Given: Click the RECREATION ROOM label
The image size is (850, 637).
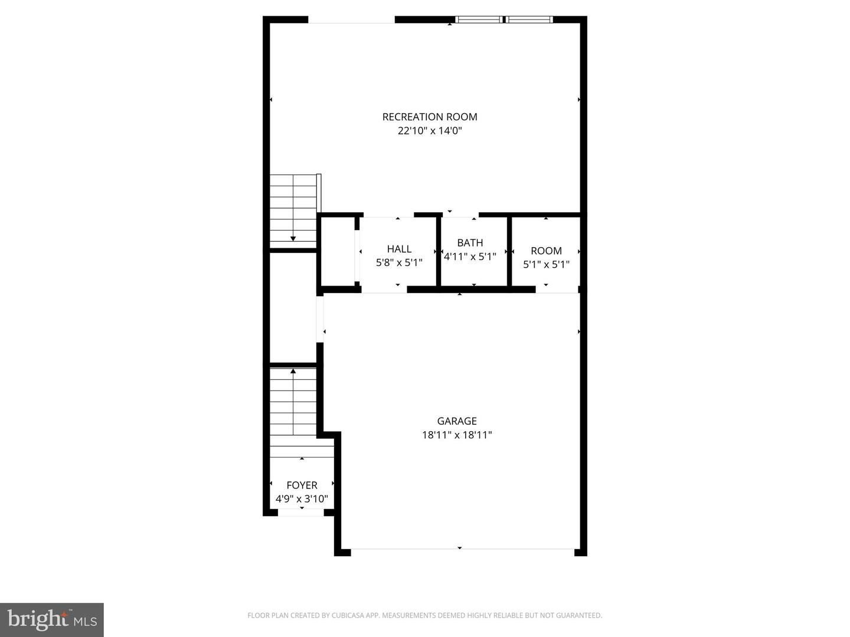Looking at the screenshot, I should [x=430, y=117].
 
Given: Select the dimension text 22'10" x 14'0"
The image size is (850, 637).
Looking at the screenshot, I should [x=430, y=131].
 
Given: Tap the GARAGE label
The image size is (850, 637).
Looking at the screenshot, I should [x=457, y=421].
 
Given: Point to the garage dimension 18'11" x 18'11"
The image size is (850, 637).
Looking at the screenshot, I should [x=457, y=435].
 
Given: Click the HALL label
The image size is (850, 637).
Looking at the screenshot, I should [x=399, y=249].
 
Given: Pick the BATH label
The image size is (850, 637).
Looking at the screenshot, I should [x=470, y=242].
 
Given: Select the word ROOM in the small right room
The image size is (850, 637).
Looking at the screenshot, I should [x=546, y=251].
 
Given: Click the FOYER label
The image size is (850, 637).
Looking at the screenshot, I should [x=302, y=485].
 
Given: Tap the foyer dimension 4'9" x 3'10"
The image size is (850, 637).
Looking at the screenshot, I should [x=302, y=499].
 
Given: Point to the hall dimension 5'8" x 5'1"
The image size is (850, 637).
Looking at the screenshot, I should [x=399, y=262].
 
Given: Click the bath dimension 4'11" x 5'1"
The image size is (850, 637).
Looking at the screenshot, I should [x=470, y=257].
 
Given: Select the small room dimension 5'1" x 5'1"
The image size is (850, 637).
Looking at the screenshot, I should [x=546, y=264].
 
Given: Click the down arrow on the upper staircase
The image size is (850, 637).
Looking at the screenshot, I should [x=293, y=238].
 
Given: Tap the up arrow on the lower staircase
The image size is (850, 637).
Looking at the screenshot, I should [x=293, y=372].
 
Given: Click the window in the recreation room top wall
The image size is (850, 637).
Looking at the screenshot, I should [x=504, y=19].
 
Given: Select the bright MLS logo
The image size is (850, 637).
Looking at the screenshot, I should [x=52, y=619].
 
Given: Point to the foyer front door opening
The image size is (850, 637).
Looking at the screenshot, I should [x=301, y=513].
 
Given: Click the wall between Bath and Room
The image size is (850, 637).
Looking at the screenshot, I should [x=509, y=252].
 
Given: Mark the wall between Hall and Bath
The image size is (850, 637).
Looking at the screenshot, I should [x=439, y=252].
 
